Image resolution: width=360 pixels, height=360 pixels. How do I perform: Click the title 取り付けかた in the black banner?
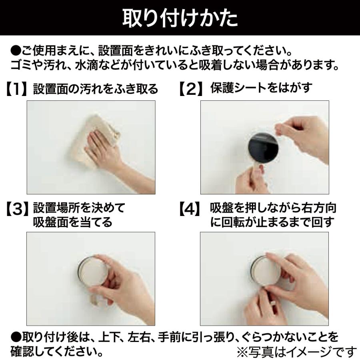point(180,18)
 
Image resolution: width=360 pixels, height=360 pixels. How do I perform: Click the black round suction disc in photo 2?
point(262,148)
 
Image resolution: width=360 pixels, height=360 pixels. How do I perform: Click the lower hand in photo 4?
point(260,308)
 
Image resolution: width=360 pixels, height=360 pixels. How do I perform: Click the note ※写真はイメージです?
point(296,352)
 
